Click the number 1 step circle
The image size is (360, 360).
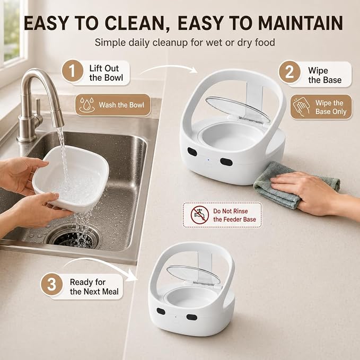point(72,71)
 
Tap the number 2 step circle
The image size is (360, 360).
point(289,72)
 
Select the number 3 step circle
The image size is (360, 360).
point(51,284)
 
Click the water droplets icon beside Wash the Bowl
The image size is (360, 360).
point(87,104)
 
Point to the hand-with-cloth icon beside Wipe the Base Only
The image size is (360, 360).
point(301,107)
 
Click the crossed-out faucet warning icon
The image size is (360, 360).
point(200,215)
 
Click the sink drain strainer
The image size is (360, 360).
point(74,236)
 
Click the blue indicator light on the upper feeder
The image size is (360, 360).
point(208,160)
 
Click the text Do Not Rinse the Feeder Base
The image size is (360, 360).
point(234,215)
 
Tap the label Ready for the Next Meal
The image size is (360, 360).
point(94,287)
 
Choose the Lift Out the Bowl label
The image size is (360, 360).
point(106,73)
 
